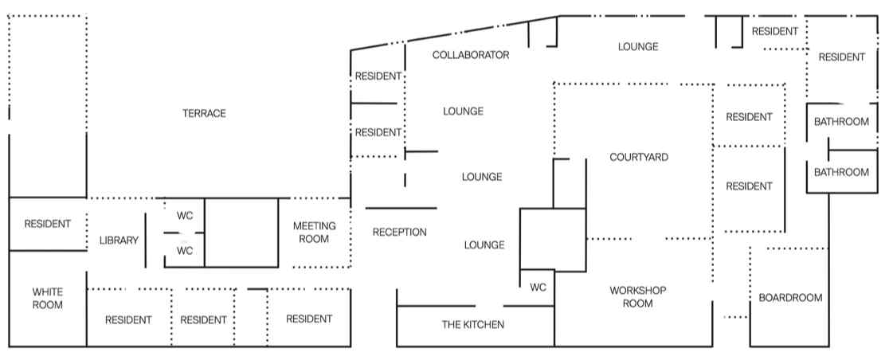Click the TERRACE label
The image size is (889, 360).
point(204,113)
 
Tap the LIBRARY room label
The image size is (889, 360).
point(119,241)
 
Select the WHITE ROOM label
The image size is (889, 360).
point(47,298)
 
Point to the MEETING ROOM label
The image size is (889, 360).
point(314,233)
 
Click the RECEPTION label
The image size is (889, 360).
point(400,233)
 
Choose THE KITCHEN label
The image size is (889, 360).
point(473,324)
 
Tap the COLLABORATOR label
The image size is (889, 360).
point(470,55)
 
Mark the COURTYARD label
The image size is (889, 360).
point(638,157)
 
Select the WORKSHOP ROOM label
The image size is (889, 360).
point(637,296)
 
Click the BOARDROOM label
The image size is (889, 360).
point(789,297)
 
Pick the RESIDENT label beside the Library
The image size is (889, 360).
point(47,224)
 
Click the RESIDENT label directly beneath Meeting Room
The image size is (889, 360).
point(308,319)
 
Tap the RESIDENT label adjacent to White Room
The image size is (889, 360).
point(127,320)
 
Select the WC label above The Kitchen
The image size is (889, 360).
point(538,288)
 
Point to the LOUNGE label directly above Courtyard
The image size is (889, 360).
point(638,46)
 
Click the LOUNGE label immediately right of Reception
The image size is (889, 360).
point(484,245)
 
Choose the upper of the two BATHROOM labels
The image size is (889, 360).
point(840,122)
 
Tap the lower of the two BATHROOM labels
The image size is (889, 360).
point(840,172)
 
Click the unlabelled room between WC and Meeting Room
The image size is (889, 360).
point(241,233)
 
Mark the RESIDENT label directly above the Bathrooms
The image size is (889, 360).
point(841,57)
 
